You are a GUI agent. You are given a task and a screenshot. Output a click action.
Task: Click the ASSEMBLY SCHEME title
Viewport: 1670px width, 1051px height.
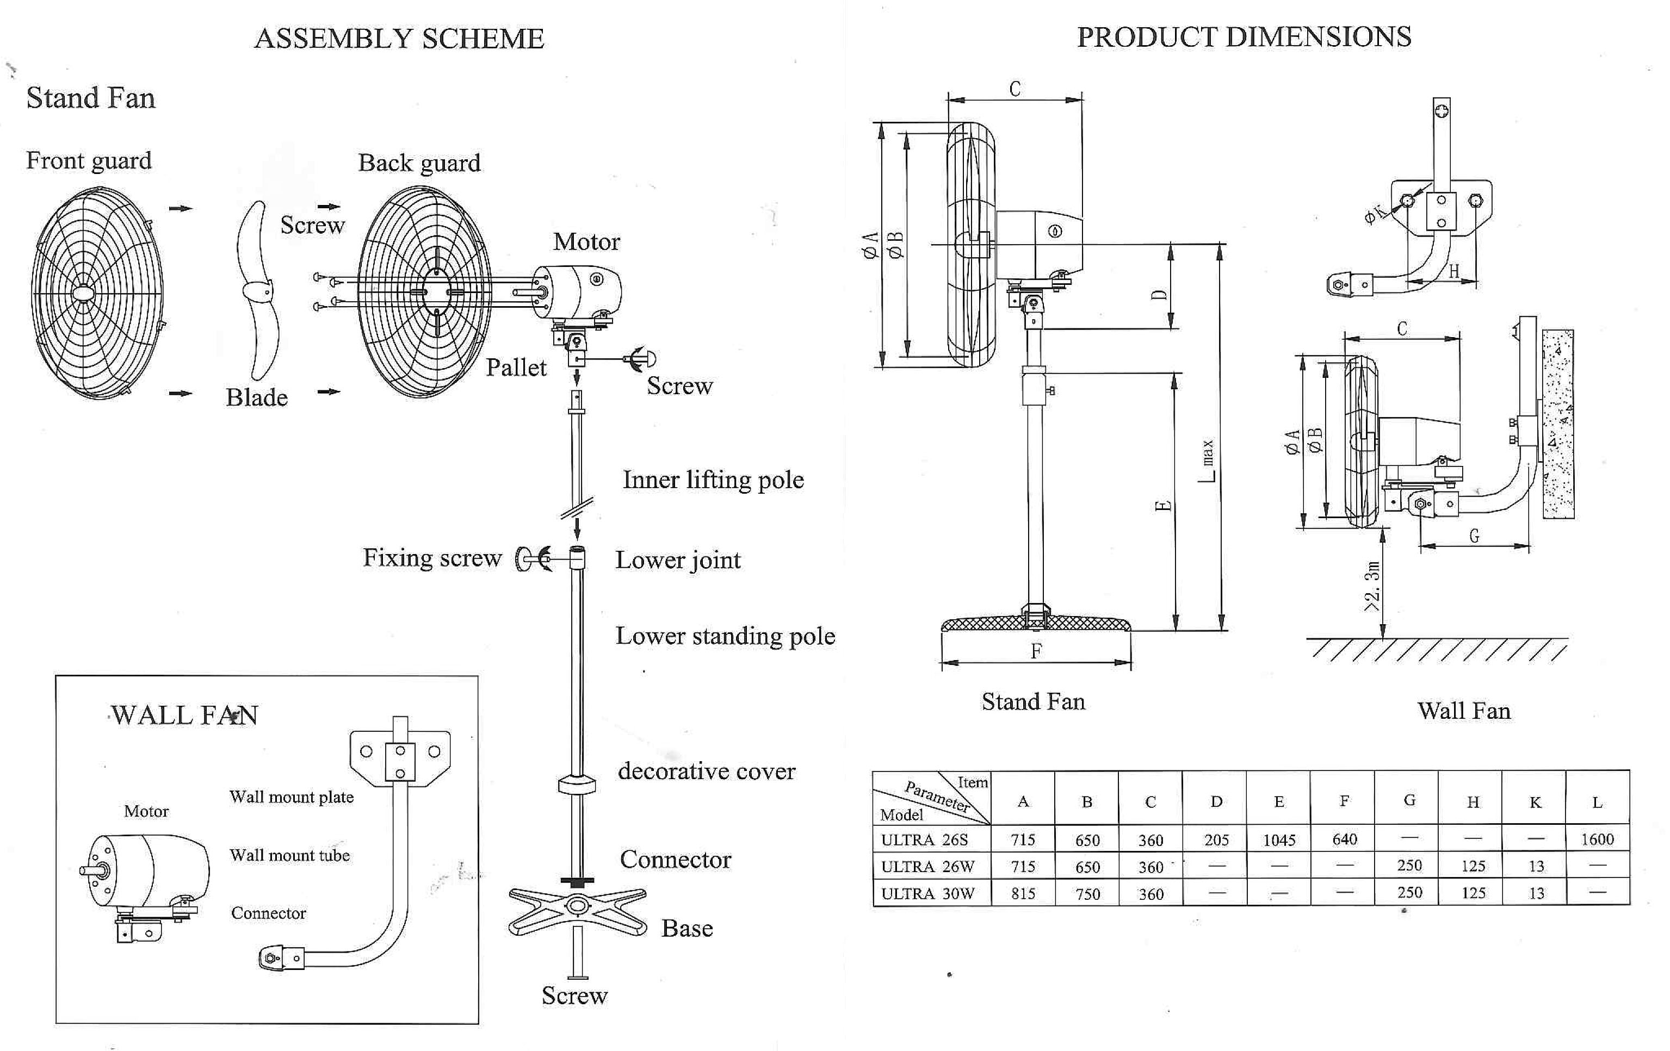(x=399, y=38)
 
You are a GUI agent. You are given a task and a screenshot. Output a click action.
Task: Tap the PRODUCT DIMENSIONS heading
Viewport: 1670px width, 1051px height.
(x=1244, y=37)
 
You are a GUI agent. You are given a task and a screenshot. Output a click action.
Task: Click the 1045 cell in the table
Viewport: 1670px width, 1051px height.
(x=1279, y=839)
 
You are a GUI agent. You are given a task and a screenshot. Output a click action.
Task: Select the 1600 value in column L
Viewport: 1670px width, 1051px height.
(x=1597, y=839)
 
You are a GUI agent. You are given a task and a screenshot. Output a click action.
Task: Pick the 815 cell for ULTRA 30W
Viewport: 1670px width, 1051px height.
(x=1023, y=894)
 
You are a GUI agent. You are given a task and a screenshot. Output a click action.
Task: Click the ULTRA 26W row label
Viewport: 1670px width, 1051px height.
(x=927, y=867)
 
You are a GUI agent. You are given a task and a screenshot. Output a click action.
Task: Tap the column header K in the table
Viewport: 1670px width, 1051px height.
(x=1536, y=802)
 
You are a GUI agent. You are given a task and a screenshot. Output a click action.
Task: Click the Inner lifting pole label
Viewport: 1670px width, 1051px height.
(x=713, y=480)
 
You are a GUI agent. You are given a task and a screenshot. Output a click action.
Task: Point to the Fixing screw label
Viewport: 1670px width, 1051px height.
(x=431, y=558)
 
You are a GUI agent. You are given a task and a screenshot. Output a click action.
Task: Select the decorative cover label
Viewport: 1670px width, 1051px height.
(x=706, y=771)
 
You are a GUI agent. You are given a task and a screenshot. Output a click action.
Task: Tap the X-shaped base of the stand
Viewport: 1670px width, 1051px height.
(x=577, y=910)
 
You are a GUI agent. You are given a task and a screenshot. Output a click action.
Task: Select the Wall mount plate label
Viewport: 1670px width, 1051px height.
(x=291, y=797)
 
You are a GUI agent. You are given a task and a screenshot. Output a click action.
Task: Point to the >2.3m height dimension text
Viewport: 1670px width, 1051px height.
(x=1372, y=586)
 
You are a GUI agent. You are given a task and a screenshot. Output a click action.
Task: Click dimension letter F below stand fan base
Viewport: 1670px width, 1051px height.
(x=1035, y=651)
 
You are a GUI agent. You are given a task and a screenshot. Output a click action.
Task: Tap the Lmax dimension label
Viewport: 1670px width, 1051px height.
(x=1208, y=461)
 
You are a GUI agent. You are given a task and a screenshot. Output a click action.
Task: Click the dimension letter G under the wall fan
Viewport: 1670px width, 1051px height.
(x=1474, y=536)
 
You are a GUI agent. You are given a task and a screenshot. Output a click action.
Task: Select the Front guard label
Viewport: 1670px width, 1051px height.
(x=89, y=160)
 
